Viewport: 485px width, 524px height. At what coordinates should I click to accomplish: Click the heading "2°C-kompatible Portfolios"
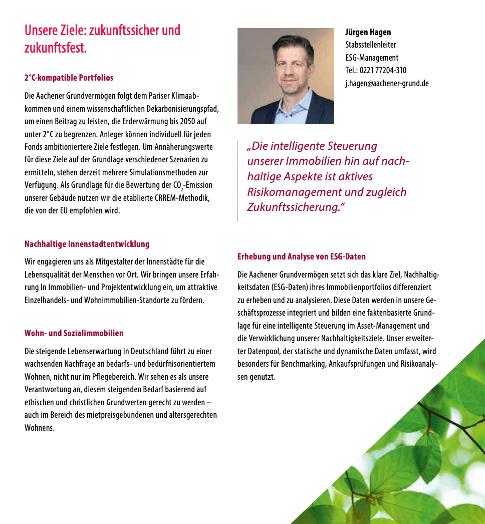tap(69, 78)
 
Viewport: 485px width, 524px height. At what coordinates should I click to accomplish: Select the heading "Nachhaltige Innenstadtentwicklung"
tap(87, 244)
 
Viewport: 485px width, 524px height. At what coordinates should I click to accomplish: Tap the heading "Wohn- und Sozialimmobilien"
tap(74, 333)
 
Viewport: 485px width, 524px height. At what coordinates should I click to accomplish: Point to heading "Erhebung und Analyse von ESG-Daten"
tap(301, 256)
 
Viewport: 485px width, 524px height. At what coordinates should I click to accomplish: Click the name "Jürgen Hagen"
tap(368, 33)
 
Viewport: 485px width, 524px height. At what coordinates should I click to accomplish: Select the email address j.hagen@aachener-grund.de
tap(387, 84)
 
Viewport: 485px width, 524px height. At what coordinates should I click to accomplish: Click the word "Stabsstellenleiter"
tap(370, 45)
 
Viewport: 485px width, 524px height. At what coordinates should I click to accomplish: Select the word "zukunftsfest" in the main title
tap(54, 49)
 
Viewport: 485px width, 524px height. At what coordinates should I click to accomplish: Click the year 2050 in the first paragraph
tap(183, 122)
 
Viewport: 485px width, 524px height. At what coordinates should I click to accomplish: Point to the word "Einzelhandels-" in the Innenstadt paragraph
tap(49, 300)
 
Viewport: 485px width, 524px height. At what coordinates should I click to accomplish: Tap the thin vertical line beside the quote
tap(238, 180)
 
